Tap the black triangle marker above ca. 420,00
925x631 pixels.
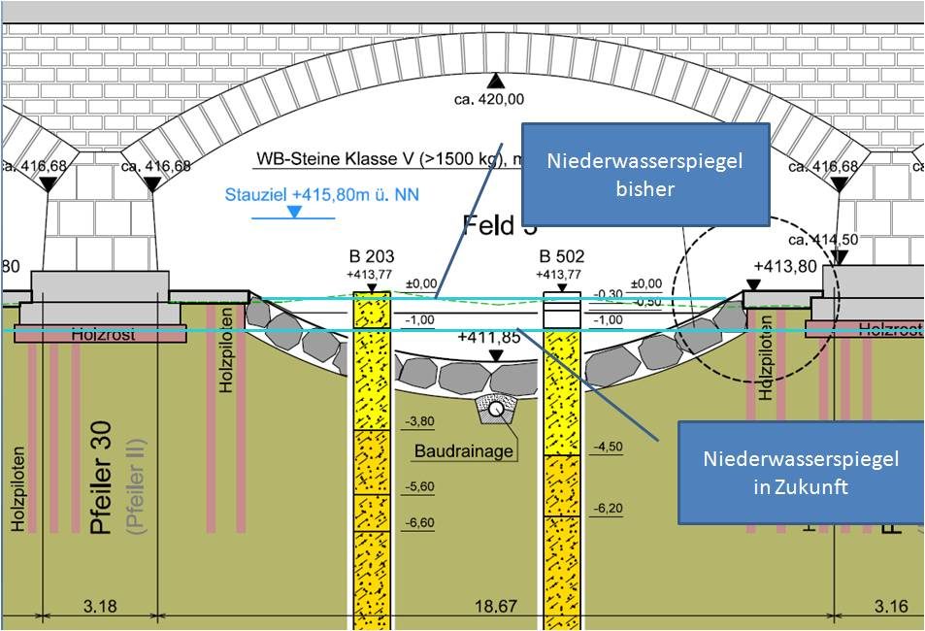point(496,81)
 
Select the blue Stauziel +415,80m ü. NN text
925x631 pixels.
point(322,194)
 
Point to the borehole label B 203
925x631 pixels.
point(369,257)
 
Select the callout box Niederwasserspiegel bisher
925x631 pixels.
point(644,174)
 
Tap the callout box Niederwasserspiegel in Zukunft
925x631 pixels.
point(800,472)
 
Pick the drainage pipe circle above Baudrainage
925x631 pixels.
point(495,410)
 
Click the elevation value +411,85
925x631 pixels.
point(488,337)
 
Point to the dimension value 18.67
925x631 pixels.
point(496,608)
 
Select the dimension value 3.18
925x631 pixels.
point(100,608)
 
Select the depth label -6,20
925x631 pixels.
point(609,508)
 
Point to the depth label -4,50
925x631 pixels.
point(609,447)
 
